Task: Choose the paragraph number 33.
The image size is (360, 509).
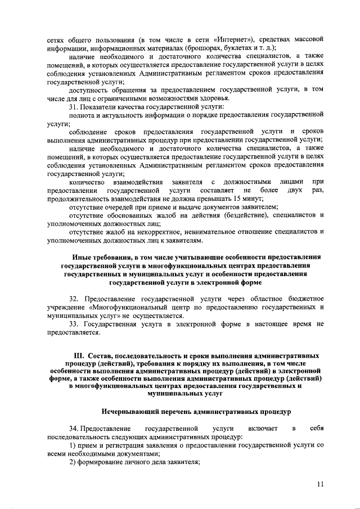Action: pyautogui.click(x=74, y=325)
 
